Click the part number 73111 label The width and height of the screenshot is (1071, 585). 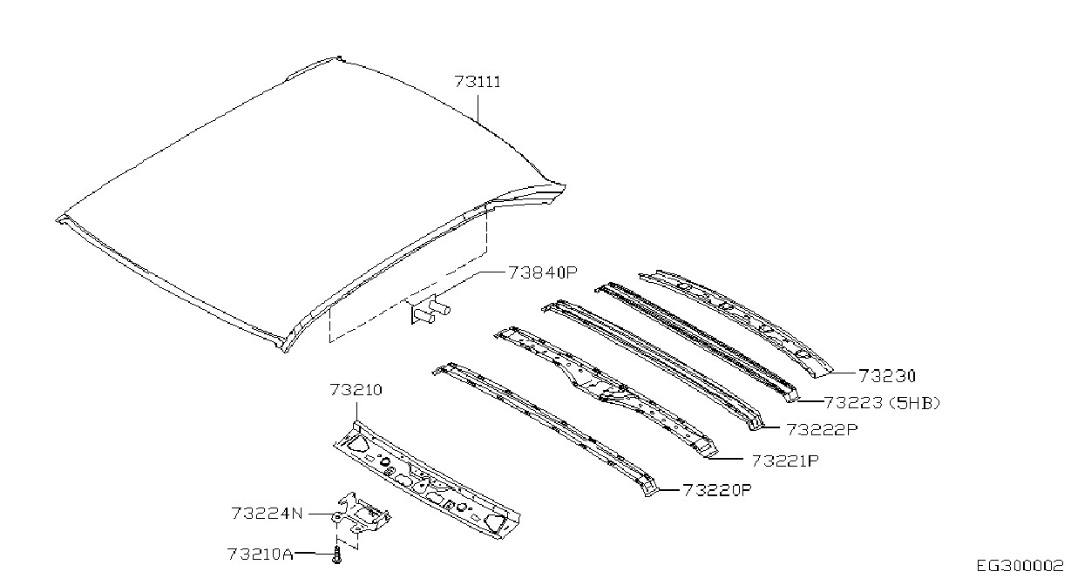[x=478, y=82]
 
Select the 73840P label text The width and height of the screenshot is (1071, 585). [x=543, y=272]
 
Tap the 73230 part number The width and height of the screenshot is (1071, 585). [x=887, y=376]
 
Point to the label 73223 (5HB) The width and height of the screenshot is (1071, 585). [x=882, y=403]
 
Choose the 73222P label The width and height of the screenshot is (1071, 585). [x=823, y=429]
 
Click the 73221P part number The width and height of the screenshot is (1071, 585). [x=785, y=461]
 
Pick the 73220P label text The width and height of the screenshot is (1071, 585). [x=717, y=490]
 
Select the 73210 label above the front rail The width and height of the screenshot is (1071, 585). [x=356, y=390]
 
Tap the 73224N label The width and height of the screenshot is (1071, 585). [x=267, y=514]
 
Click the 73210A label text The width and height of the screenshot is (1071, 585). [x=260, y=554]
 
